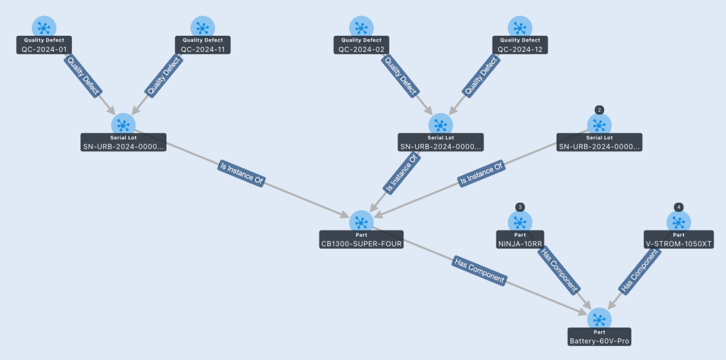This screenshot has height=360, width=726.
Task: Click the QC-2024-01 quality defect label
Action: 44,45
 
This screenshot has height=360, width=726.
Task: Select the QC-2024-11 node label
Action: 203,45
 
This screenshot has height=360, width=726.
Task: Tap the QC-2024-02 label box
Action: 361,45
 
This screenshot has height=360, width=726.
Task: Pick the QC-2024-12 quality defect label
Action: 520,45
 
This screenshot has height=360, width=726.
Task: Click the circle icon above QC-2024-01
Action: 44,27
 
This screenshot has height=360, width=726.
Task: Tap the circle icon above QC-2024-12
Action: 520,27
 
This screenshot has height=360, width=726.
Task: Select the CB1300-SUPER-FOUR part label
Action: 361,240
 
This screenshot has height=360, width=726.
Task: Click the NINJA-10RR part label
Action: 520,240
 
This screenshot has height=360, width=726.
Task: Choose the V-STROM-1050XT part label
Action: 679,240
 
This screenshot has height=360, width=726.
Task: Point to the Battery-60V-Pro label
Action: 599,336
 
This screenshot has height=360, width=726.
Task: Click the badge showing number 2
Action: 599,110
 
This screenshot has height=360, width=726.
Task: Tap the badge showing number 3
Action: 520,207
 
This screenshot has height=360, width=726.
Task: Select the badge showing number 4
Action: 679,207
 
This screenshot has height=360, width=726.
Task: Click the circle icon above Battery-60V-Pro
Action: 599,320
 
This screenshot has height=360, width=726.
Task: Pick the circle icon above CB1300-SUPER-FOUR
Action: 361,222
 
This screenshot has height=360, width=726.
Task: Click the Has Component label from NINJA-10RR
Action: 559,271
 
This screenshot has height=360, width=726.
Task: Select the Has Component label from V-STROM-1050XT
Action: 639,271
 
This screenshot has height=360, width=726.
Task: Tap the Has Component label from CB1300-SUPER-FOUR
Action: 479,271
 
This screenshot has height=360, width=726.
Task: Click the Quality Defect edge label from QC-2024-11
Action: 164,76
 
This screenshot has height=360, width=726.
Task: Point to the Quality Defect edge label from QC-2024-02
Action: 400,76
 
